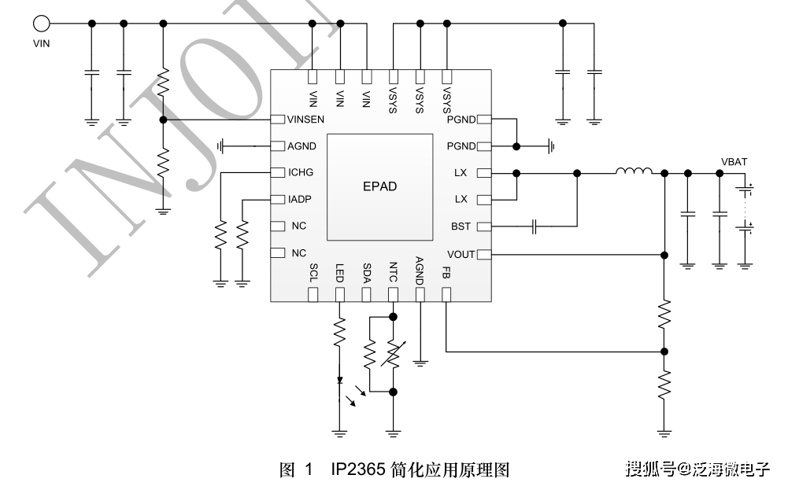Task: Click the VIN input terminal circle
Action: point(41,24)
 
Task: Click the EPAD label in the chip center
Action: point(380,186)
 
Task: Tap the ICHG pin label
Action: point(300,172)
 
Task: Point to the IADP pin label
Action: point(300,200)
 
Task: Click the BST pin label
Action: point(461,226)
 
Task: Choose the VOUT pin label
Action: point(461,254)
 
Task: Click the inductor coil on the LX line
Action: point(634,171)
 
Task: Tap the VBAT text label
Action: point(734,161)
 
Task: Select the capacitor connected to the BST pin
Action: point(535,226)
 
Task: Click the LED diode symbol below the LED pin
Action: point(340,381)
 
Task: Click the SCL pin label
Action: point(313,272)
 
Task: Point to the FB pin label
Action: point(446,272)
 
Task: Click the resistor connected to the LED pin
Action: point(340,331)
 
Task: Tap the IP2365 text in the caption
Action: point(357,470)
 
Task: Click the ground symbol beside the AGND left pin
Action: point(223,146)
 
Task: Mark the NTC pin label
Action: point(393,272)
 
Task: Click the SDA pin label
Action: point(366,272)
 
